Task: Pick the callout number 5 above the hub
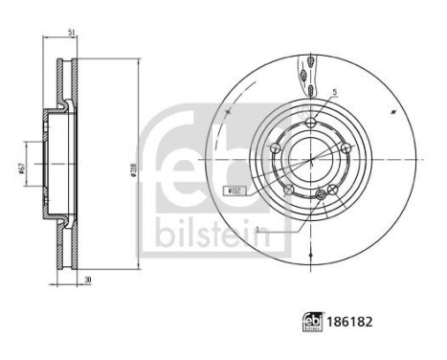pos(334,93)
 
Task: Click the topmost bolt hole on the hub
pos(313,122)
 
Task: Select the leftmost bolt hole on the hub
pos(275,148)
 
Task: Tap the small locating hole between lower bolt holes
pos(321,196)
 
